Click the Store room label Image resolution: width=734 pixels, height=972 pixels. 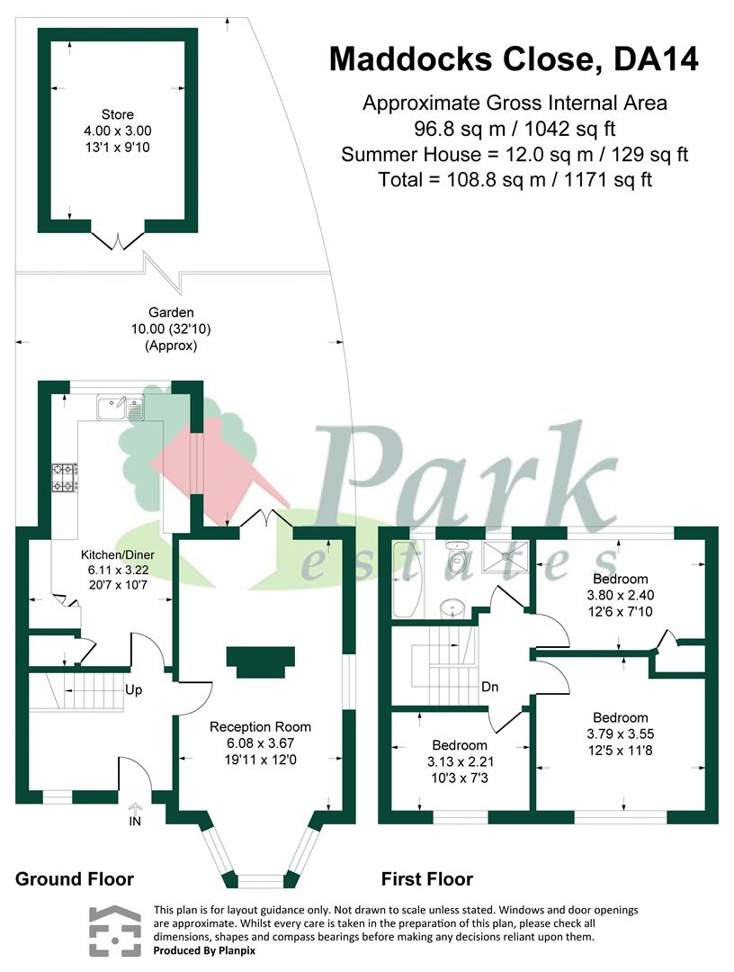click(118, 114)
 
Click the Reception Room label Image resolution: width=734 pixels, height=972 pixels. click(260, 726)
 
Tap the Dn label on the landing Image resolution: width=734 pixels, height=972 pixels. click(490, 687)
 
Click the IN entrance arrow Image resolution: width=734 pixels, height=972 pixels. click(135, 814)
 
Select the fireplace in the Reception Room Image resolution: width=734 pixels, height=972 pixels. click(260, 661)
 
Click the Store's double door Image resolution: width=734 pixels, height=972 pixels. click(117, 239)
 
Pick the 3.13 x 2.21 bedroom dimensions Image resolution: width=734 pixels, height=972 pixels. click(460, 760)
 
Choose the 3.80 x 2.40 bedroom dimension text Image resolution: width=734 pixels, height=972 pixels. click(621, 595)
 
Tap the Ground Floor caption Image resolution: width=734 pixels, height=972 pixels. click(75, 879)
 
